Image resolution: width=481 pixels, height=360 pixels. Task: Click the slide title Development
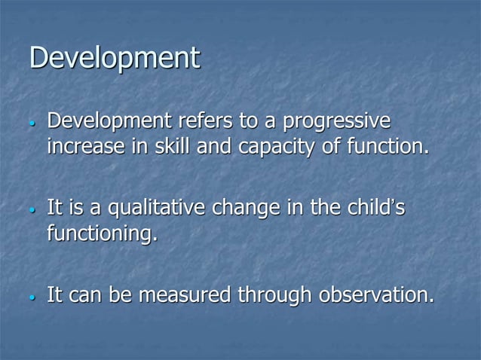[x=115, y=59]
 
